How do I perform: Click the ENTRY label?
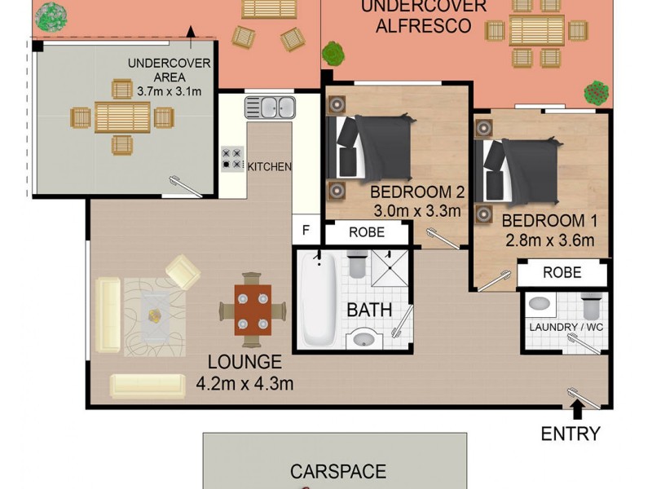point(570,434)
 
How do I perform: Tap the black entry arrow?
point(578,407)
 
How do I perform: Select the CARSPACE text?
point(337,472)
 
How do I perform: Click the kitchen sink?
point(271,106)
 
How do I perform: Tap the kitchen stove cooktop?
point(232,157)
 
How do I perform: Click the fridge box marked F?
point(306,230)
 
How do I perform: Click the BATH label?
point(369,310)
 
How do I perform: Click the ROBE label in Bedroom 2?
point(366,232)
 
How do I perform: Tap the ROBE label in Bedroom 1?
point(562,272)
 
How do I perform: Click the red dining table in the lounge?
point(253,310)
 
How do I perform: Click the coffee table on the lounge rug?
point(155,316)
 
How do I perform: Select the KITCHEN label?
point(269,167)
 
